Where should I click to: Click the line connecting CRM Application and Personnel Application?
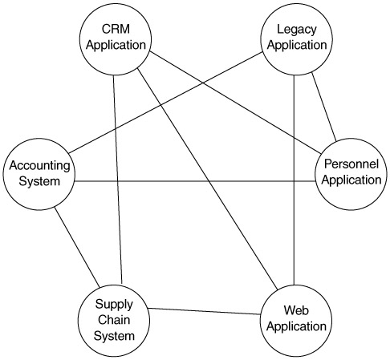235,103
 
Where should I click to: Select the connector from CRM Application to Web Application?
208,179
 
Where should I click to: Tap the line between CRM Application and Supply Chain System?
118,180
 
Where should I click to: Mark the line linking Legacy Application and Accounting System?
165,103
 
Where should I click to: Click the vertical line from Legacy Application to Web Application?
295,180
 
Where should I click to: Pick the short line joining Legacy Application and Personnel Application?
324,107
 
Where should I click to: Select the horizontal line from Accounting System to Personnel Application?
195,181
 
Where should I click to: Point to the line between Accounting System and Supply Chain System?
77,248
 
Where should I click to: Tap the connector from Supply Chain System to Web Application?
205,311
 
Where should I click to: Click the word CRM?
116,29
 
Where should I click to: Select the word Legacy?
297,30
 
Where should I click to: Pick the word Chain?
114,320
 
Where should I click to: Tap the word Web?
296,310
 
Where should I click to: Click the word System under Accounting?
39,182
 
